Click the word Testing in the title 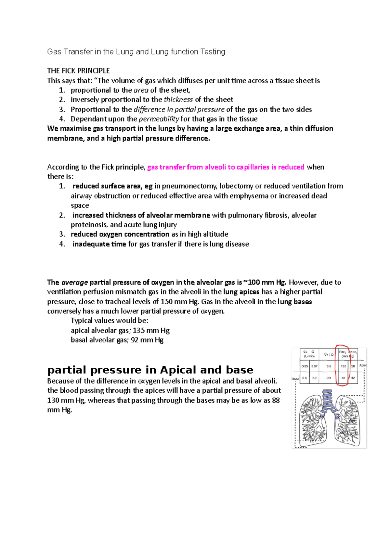[x=213, y=52]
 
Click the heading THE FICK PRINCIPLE [x=78, y=71]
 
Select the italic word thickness [x=178, y=99]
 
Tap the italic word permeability [x=159, y=119]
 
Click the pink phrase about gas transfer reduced [x=226, y=167]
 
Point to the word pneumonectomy [x=189, y=186]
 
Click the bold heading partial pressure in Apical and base [x=150, y=370]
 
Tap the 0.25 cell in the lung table [x=305, y=366]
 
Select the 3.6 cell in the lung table [x=329, y=366]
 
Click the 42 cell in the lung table [x=353, y=378]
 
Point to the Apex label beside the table [x=363, y=365]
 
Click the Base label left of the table [x=295, y=379]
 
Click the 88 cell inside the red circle [x=343, y=378]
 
